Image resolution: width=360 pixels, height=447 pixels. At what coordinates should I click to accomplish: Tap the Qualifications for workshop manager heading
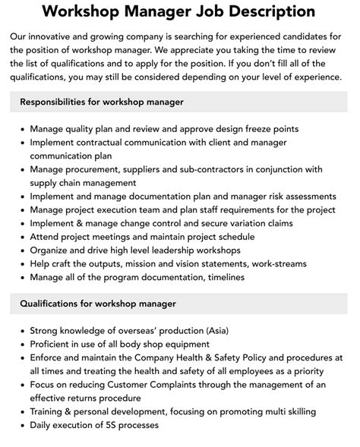coord(98,304)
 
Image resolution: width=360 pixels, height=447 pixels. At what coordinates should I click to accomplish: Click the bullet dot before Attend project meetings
coord(21,237)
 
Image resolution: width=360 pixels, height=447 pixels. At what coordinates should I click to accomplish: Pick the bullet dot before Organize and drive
coord(21,250)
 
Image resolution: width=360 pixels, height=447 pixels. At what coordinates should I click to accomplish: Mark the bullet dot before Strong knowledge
coord(21,331)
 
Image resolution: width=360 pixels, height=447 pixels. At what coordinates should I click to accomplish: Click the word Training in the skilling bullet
coord(50,412)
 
